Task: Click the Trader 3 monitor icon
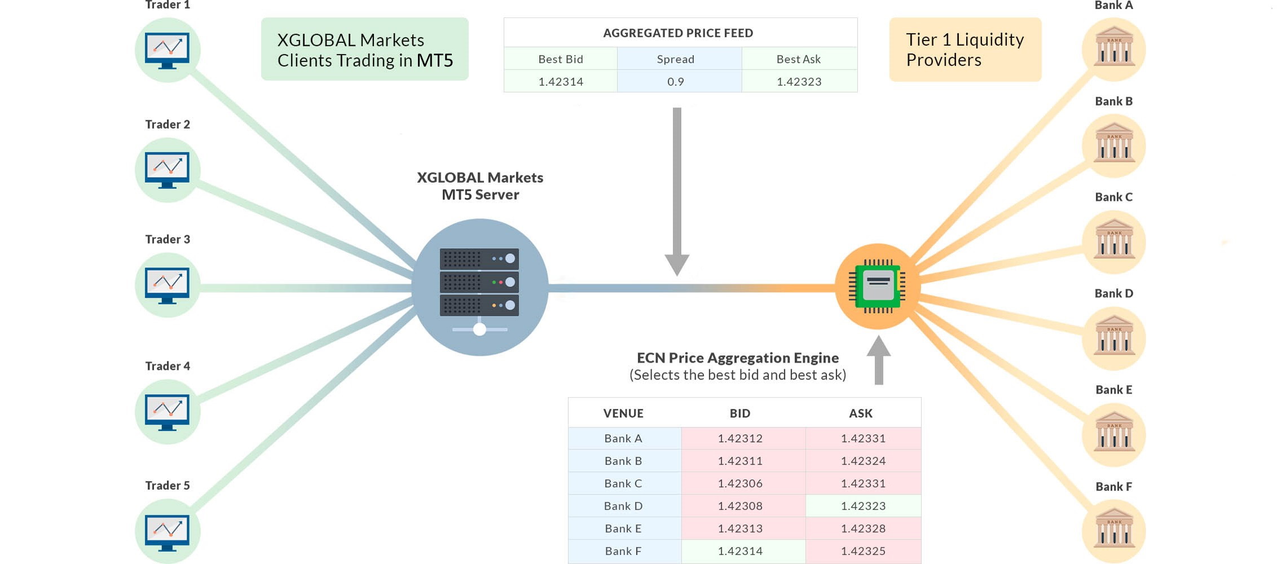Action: (168, 285)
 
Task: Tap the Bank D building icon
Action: (1114, 337)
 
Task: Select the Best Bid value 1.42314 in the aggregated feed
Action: (561, 81)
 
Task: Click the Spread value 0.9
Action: (675, 81)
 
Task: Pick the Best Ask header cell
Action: (798, 59)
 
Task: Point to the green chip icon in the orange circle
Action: (878, 286)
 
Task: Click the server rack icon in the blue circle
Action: (479, 282)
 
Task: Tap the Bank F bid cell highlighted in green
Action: (740, 551)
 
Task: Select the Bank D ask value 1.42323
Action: (863, 506)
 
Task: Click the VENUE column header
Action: (623, 413)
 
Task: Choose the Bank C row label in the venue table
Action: (623, 483)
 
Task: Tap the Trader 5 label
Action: (168, 486)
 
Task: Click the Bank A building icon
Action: (1114, 49)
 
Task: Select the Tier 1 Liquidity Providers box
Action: (965, 50)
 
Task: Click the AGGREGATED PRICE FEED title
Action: (678, 33)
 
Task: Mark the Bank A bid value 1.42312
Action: (740, 438)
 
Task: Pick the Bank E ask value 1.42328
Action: (863, 528)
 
